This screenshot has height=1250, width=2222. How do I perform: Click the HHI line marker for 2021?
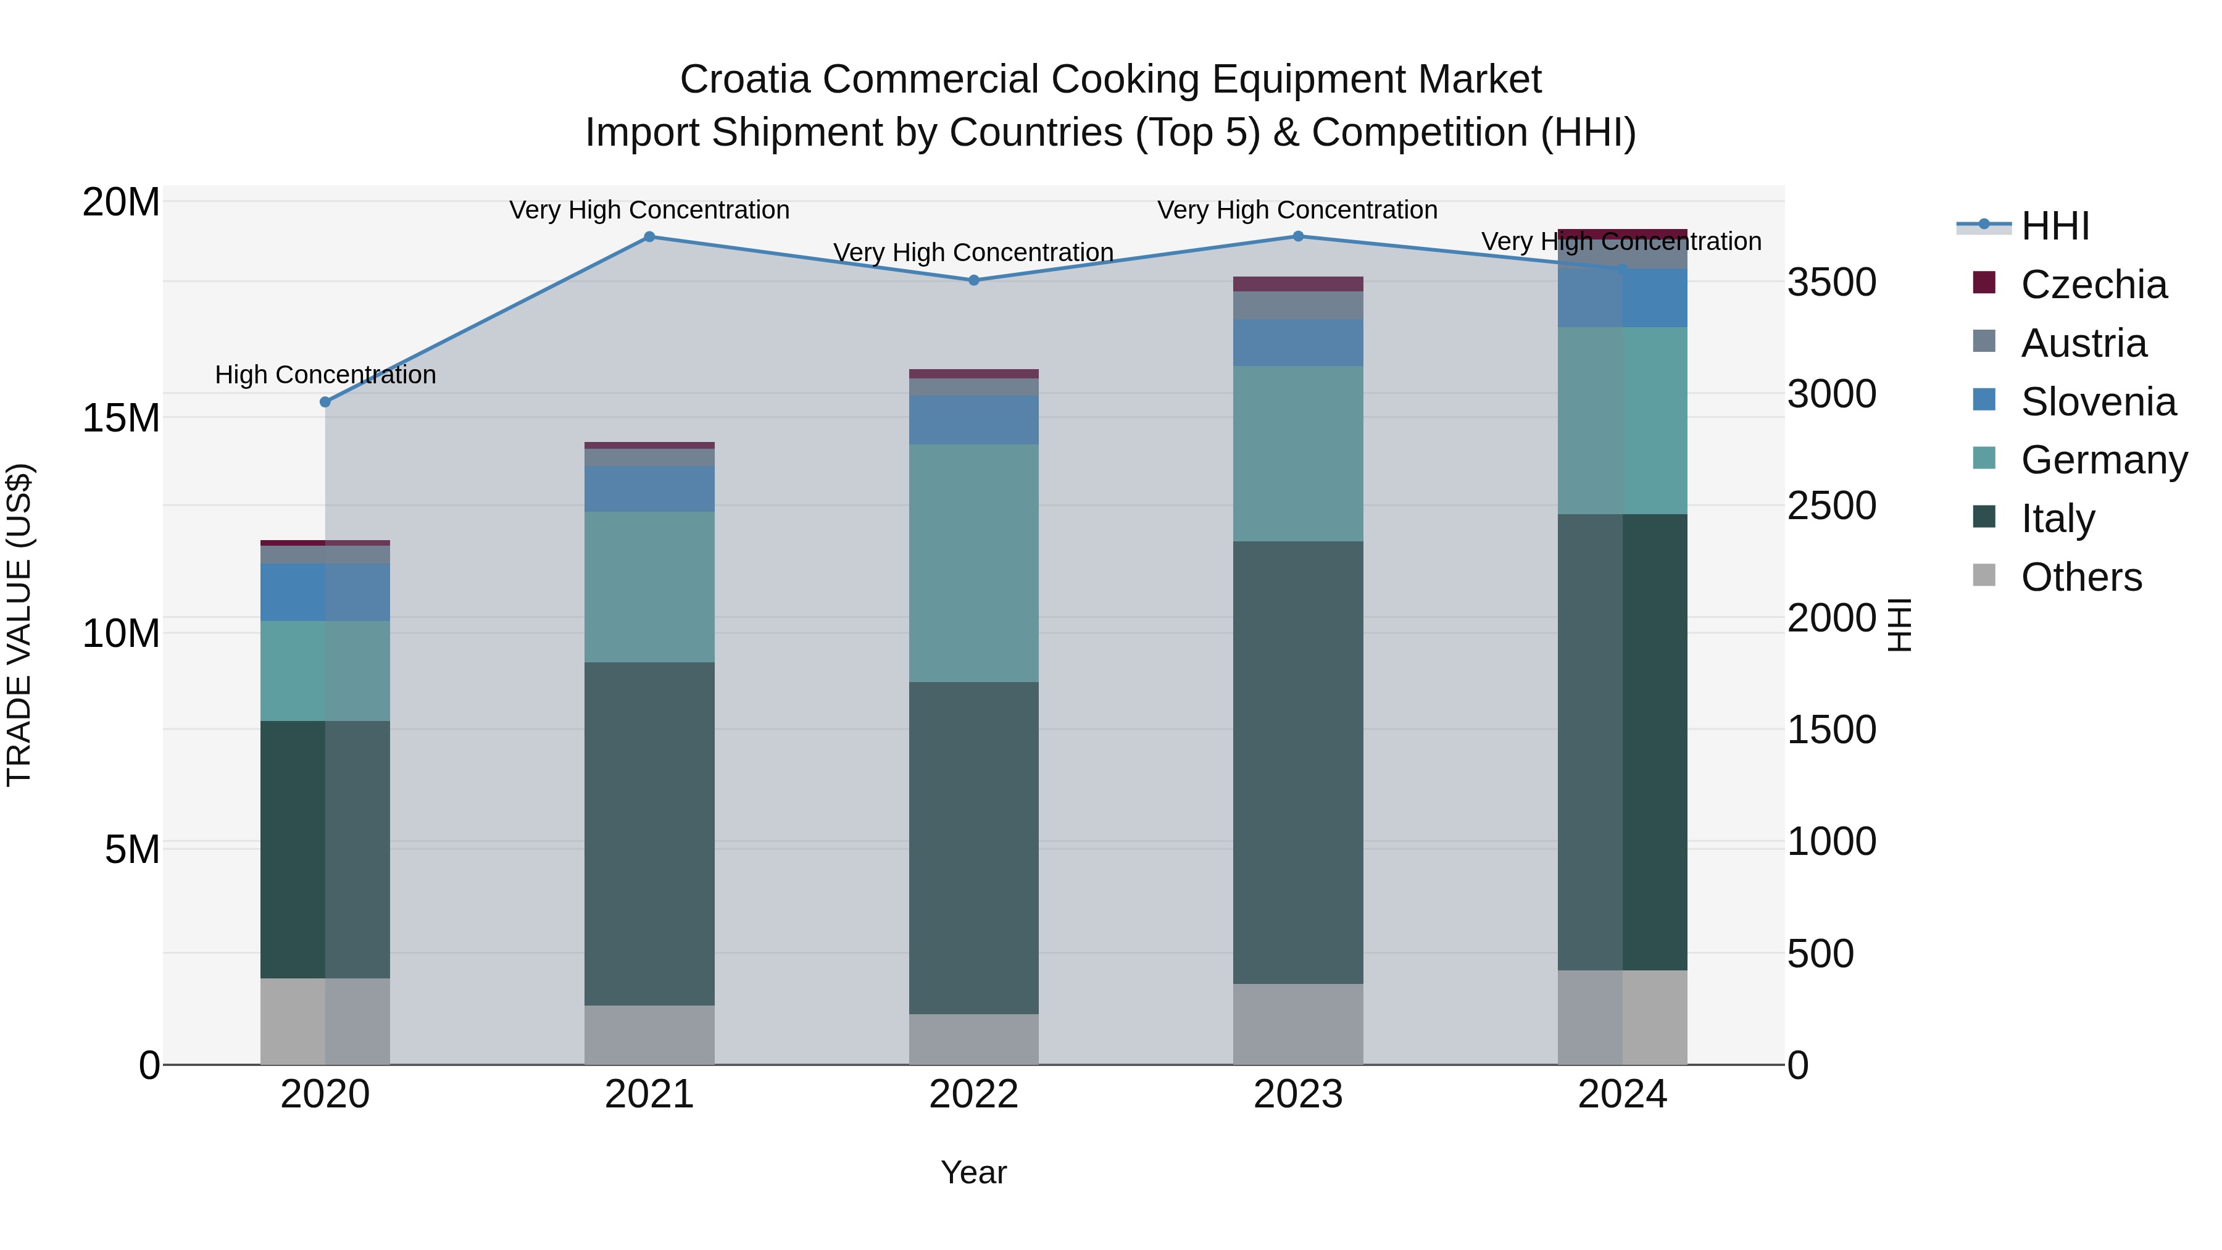click(649, 236)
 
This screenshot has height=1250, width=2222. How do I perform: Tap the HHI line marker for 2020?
click(325, 402)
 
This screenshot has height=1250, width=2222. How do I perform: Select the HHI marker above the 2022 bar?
click(974, 280)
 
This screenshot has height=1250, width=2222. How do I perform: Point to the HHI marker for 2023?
click(1298, 236)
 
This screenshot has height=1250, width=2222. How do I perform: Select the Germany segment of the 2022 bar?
click(974, 564)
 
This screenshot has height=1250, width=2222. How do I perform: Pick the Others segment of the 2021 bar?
click(649, 1035)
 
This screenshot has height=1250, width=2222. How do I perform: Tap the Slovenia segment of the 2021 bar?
click(649, 489)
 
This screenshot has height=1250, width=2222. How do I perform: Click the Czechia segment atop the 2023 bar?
click(1298, 284)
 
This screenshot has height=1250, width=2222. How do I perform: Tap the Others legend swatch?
click(1984, 575)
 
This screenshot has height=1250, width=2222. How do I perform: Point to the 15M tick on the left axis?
click(121, 419)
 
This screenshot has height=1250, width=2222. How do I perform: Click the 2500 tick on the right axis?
click(1831, 506)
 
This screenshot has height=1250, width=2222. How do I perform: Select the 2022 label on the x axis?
click(974, 1094)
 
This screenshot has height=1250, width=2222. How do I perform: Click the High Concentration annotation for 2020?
click(325, 375)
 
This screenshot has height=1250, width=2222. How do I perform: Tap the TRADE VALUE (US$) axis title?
click(19, 625)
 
